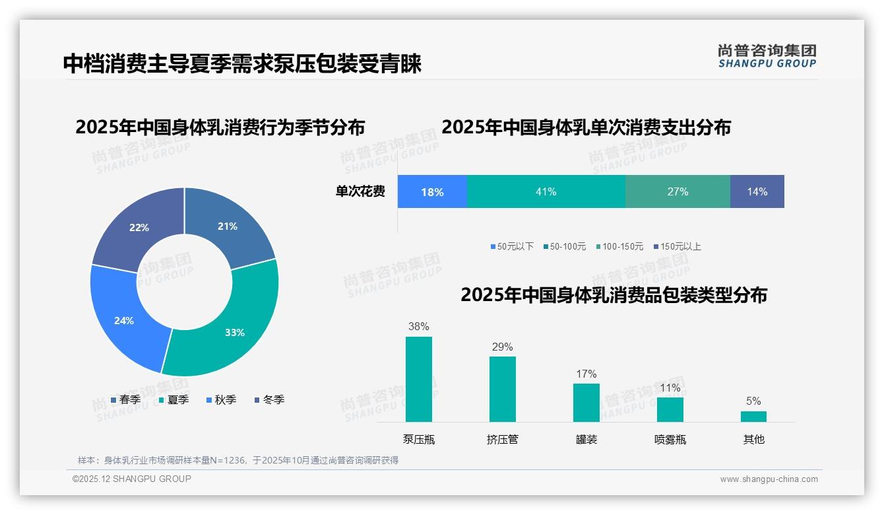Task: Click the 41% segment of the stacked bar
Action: (x=546, y=191)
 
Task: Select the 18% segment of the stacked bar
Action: (x=432, y=191)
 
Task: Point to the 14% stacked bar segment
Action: (x=757, y=191)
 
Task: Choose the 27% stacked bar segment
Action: (x=678, y=191)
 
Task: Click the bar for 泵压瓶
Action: (x=419, y=380)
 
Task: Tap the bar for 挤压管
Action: (x=503, y=390)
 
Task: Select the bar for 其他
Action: (x=753, y=417)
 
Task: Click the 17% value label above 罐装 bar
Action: (x=586, y=374)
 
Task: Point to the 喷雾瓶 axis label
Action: (x=670, y=439)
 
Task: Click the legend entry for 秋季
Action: (x=221, y=399)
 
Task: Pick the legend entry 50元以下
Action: (x=512, y=246)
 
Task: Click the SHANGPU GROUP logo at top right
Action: (x=767, y=55)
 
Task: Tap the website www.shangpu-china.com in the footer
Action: (x=769, y=479)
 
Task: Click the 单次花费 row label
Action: (x=360, y=191)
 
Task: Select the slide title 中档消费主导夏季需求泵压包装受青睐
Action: (x=242, y=64)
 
